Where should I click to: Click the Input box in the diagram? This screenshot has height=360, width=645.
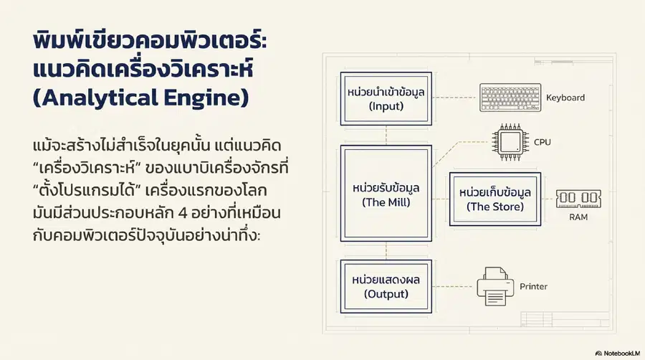[x=386, y=99]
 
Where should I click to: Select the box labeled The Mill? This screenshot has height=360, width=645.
[x=386, y=194]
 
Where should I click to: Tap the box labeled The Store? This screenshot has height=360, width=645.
[x=494, y=199]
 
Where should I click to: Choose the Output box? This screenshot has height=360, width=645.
[x=386, y=286]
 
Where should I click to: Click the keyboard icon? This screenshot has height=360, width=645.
[x=510, y=98]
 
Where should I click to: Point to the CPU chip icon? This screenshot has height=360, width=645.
[x=510, y=143]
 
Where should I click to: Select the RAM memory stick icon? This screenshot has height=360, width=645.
[x=578, y=199]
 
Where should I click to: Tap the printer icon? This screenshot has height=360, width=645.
[x=495, y=286]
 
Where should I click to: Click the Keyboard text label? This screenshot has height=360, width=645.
[x=565, y=98]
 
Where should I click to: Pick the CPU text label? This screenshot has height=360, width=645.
[x=543, y=143]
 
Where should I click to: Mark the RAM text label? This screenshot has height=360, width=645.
[x=578, y=217]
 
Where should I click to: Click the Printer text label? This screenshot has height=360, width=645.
[x=533, y=286]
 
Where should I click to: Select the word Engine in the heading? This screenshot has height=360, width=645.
[x=206, y=98]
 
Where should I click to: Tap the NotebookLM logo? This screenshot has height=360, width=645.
[x=618, y=354]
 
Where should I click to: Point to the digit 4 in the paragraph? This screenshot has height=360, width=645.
[x=183, y=213]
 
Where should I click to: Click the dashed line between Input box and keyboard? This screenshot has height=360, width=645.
[x=455, y=98]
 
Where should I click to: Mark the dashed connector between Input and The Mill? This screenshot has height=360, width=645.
[x=386, y=135]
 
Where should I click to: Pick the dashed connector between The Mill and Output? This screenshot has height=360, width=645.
[x=386, y=250]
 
